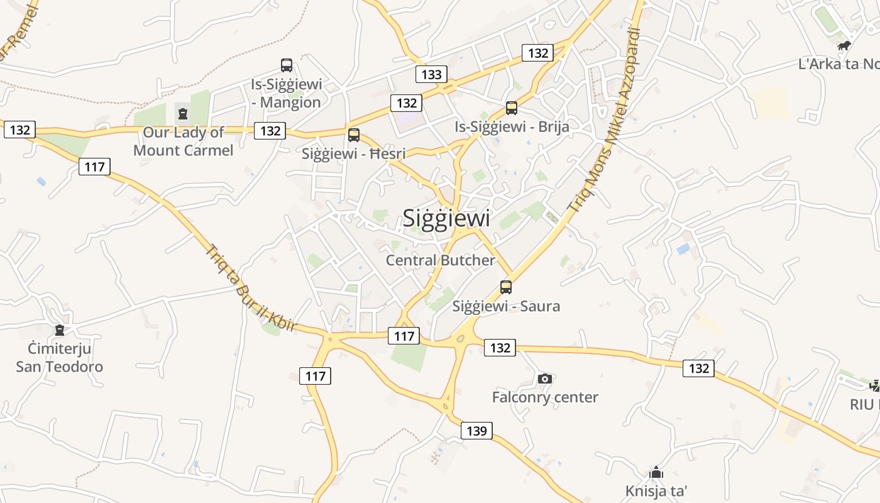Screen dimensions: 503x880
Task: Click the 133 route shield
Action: pyautogui.click(x=431, y=74)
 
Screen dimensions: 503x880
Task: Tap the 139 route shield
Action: pyautogui.click(x=477, y=431)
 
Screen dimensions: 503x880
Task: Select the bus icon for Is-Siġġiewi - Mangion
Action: pyautogui.click(x=287, y=65)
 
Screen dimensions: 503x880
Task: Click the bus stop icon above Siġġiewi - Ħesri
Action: pyautogui.click(x=354, y=135)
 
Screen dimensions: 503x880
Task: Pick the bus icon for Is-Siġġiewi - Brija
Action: pyautogui.click(x=512, y=108)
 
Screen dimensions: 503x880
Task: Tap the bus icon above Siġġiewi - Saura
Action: pyautogui.click(x=506, y=287)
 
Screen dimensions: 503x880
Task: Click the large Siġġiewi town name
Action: pyautogui.click(x=446, y=218)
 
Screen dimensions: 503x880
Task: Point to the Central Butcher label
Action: pyautogui.click(x=440, y=260)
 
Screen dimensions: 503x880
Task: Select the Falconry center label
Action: pyautogui.click(x=545, y=397)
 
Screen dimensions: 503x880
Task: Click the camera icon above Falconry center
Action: pyautogui.click(x=545, y=379)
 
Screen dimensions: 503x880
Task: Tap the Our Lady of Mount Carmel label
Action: pyautogui.click(x=183, y=141)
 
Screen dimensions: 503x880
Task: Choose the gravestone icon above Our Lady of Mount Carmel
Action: pyautogui.click(x=183, y=114)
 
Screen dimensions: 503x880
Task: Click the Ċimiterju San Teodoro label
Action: pyautogui.click(x=60, y=358)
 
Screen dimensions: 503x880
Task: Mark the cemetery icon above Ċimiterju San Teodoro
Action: pyautogui.click(x=60, y=330)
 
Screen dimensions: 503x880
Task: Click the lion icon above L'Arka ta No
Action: pyautogui.click(x=844, y=45)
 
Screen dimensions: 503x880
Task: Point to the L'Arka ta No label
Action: pyautogui.click(x=839, y=64)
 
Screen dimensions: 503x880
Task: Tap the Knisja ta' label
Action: pyautogui.click(x=656, y=490)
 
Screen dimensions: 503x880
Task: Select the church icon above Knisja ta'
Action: pyautogui.click(x=656, y=472)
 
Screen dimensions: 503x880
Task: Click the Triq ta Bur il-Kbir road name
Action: pyautogui.click(x=250, y=287)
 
